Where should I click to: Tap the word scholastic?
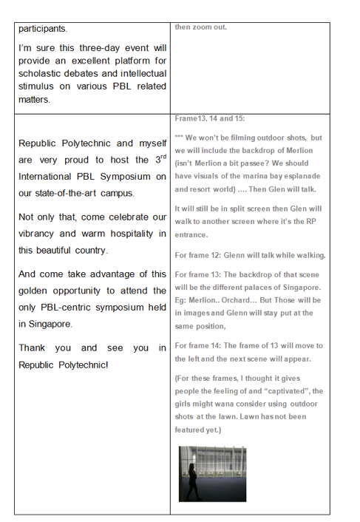point(43,74)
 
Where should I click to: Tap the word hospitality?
point(129,234)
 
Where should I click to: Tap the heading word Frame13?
point(194,118)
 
